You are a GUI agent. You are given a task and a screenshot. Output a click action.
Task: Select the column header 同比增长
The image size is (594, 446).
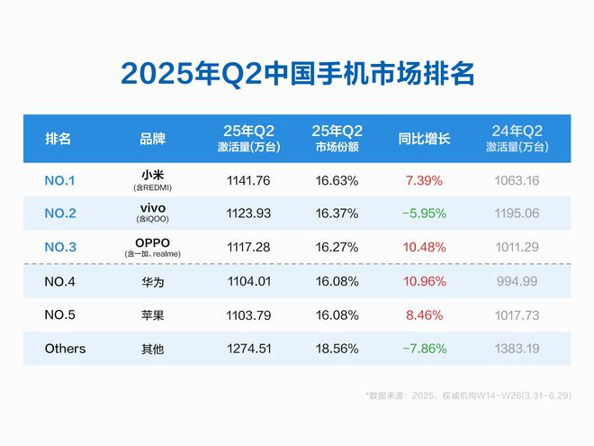[423, 139]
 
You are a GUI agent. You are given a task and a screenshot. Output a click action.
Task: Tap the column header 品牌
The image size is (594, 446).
[152, 139]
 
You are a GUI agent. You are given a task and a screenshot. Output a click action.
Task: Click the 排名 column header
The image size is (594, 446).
[58, 139]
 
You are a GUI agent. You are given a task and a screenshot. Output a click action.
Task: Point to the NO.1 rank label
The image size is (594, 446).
[59, 180]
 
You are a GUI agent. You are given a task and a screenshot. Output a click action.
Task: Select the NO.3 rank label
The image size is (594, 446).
[59, 247]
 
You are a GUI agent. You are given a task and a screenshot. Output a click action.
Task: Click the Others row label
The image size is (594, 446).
[65, 348]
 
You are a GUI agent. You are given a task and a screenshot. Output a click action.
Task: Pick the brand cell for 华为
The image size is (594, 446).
[152, 281]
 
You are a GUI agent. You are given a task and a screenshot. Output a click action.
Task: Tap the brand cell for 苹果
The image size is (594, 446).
[152, 314]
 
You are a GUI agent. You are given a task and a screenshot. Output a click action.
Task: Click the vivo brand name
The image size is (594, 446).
[152, 207]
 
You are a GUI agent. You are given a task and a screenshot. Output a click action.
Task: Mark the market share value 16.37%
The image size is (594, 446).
[337, 214]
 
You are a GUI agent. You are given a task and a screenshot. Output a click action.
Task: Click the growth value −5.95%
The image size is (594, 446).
[423, 214]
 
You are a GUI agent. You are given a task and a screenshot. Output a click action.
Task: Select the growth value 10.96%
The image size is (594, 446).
[424, 281]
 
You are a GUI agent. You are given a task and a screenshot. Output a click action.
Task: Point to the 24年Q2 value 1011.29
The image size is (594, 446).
[517, 247]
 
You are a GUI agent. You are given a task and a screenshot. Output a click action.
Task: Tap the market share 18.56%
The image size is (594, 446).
[337, 348]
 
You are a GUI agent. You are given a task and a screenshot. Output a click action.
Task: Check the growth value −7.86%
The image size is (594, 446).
[423, 348]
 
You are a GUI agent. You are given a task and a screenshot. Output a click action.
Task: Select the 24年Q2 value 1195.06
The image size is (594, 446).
[517, 214]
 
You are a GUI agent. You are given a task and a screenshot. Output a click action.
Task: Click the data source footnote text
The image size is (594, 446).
[467, 395]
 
